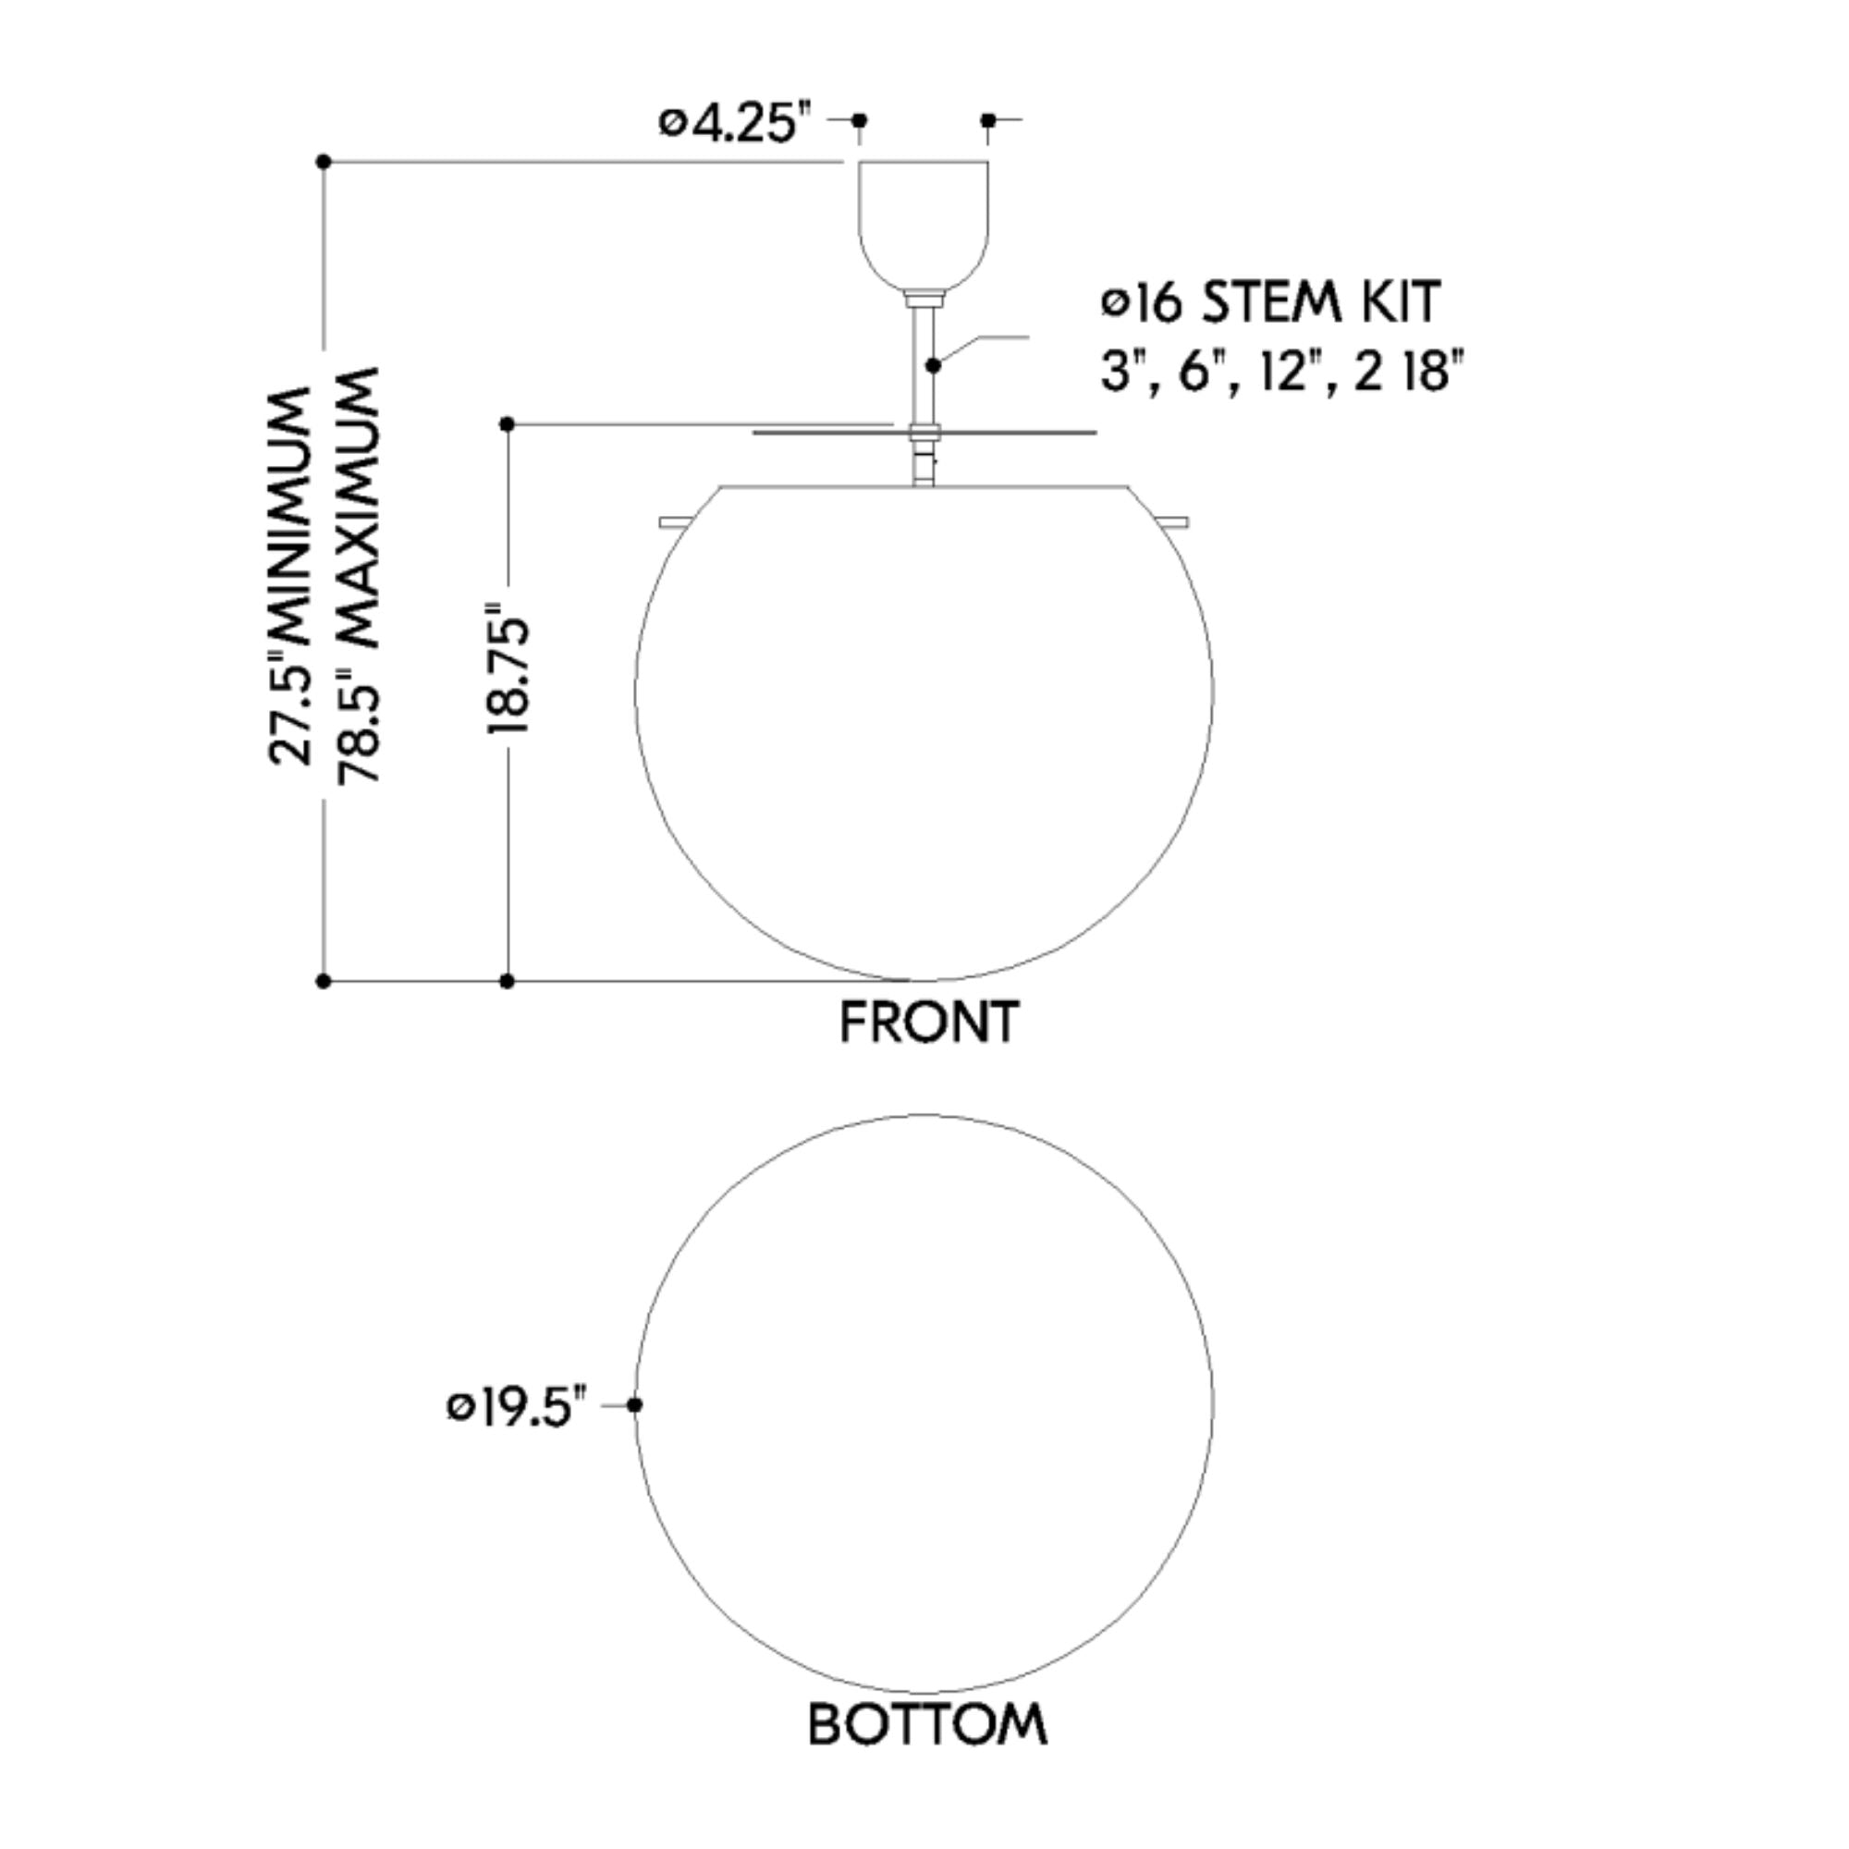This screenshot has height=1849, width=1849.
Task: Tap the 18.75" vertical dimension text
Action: pyautogui.click(x=508, y=669)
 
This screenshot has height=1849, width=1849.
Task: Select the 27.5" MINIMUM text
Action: pyautogui.click(x=290, y=575)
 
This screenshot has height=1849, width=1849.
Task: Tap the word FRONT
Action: pyautogui.click(x=928, y=1022)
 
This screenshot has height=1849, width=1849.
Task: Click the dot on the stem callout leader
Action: pyautogui.click(x=933, y=364)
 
